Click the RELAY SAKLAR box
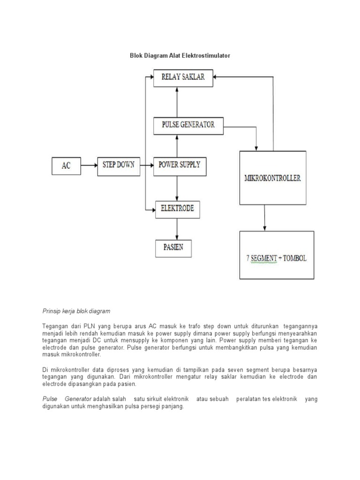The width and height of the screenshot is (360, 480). pyautogui.click(x=183, y=77)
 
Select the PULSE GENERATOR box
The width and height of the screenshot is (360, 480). pyautogui.click(x=188, y=125)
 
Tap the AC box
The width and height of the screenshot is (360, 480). pyautogui.click(x=66, y=166)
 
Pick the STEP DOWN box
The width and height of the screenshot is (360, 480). pyautogui.click(x=118, y=165)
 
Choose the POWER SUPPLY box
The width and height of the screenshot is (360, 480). pyautogui.click(x=179, y=165)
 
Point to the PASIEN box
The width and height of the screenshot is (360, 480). pyautogui.click(x=173, y=248)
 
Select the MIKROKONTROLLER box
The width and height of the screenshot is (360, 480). pyautogui.click(x=272, y=178)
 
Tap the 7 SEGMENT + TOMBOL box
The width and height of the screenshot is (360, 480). pyautogui.click(x=277, y=258)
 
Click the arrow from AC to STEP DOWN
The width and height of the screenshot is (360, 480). pyautogui.click(x=89, y=165)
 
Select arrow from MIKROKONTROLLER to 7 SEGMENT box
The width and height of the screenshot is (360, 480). pyautogui.click(x=265, y=218)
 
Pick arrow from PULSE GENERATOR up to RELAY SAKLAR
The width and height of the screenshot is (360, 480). pyautogui.click(x=177, y=102)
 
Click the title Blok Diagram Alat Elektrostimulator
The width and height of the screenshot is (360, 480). pyautogui.click(x=180, y=55)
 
